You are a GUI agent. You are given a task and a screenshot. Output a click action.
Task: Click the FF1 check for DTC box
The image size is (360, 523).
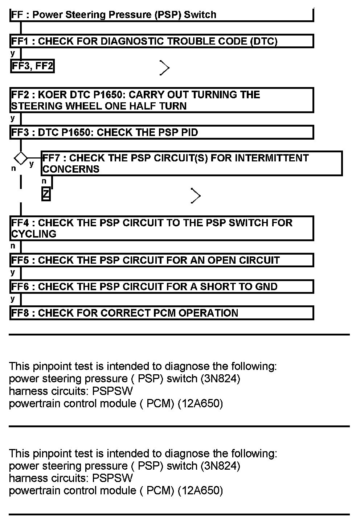coord(161,41)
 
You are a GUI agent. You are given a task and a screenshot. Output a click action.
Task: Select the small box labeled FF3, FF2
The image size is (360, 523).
coord(32,66)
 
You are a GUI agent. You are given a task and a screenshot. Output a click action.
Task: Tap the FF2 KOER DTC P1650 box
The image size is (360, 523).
coord(161,100)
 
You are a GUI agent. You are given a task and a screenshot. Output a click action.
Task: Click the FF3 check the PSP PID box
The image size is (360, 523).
coord(161,132)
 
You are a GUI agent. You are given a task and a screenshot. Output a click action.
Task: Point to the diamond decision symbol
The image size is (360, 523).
coord(20,158)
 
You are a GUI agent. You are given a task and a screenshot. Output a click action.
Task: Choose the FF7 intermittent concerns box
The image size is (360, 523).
coord(191,164)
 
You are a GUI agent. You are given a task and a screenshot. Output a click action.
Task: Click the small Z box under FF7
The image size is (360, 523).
coord(46,194)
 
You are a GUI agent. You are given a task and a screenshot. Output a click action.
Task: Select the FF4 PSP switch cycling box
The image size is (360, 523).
coord(161,228)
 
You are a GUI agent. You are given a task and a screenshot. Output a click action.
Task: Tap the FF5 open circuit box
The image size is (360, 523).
coord(161,260)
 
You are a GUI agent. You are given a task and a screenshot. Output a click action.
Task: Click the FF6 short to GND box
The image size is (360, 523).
coord(161,287)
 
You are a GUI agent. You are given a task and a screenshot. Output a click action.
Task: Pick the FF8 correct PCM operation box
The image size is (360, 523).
coord(161,313)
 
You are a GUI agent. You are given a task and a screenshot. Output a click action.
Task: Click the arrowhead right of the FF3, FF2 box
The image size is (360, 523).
coord(164,68)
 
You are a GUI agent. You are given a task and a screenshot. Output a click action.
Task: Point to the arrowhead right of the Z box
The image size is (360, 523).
coord(196,196)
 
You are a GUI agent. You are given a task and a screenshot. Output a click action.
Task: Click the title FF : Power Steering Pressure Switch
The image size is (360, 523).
coord(114,15)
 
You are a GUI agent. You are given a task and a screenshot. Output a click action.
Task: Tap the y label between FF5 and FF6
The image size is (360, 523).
coord(13,272)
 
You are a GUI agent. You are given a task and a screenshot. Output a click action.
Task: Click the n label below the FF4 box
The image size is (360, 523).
coord(13,246)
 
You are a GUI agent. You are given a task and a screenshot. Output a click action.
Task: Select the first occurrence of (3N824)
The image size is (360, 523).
coord(220,379)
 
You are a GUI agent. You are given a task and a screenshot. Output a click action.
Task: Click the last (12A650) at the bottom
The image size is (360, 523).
coord(200,491)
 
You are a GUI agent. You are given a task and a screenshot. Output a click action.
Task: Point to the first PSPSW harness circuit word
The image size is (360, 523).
coord(112,391)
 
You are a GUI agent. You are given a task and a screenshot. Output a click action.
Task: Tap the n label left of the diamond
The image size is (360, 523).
coord(13,168)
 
